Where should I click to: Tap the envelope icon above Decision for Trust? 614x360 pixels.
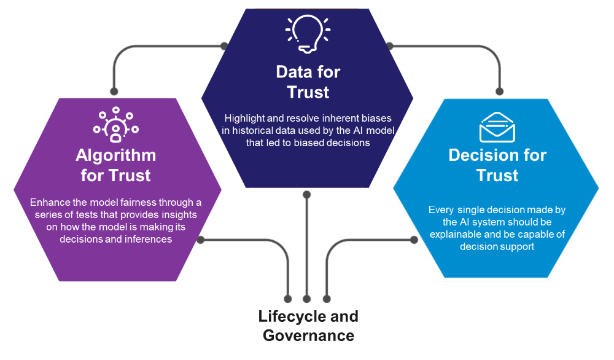497,127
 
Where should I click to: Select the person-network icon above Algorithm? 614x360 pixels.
115,125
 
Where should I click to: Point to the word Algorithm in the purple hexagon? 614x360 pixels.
115,155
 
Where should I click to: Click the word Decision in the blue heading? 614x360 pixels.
477,155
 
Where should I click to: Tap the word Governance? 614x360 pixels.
308,335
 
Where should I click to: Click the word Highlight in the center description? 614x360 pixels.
244,117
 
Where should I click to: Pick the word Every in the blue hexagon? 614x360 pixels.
442,210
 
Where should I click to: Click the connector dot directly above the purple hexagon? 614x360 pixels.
114,90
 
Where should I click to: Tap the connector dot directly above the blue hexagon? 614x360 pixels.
499,91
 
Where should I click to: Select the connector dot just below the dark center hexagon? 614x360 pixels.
307,195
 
